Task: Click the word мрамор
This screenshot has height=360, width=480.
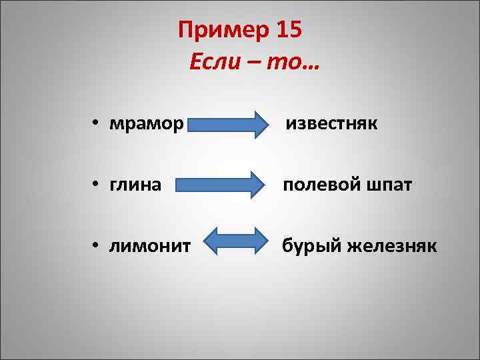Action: (x=145, y=124)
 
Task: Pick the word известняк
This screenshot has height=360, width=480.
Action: (x=331, y=124)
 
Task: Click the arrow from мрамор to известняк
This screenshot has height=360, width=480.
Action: (x=227, y=124)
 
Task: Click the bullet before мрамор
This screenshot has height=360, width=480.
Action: (x=97, y=125)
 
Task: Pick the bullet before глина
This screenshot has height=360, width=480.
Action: (x=97, y=185)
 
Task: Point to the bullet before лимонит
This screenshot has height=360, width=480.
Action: (x=97, y=247)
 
